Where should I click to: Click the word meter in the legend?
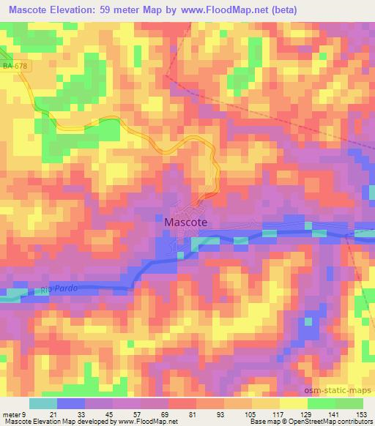point(12,414)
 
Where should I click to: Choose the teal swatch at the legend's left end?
point(44,403)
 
